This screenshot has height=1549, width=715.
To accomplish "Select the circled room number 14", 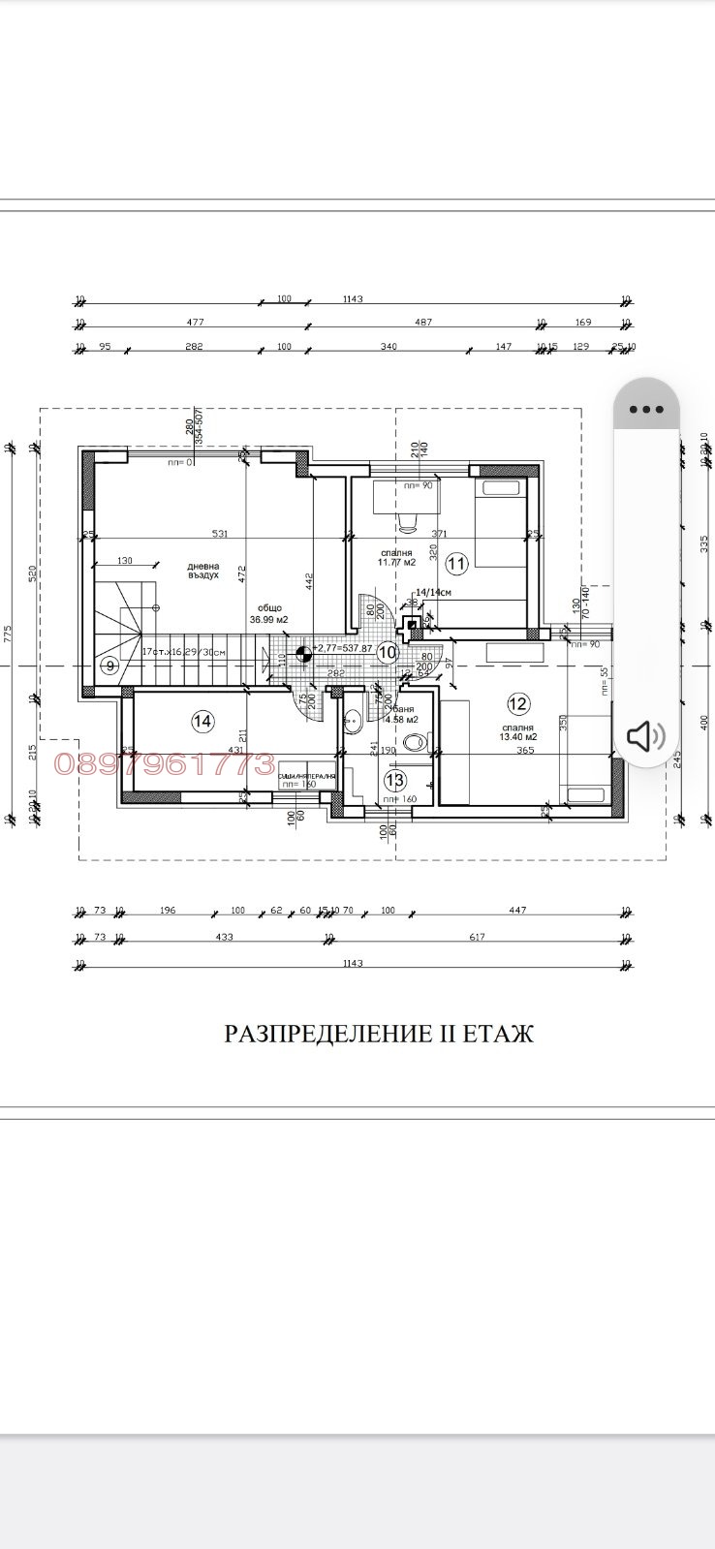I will [x=202, y=721].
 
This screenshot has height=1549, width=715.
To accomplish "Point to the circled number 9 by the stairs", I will [x=109, y=665].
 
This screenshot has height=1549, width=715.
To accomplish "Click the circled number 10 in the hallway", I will [x=388, y=652].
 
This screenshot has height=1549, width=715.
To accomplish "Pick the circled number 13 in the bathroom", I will [x=394, y=779].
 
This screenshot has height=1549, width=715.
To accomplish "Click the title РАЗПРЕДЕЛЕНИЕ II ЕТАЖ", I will [x=379, y=1034].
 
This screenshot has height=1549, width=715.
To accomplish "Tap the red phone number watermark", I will [x=165, y=764].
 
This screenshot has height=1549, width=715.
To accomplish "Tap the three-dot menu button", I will [x=646, y=410].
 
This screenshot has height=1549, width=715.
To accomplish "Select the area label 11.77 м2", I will [x=397, y=562].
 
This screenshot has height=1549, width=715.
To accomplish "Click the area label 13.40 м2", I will [x=518, y=737].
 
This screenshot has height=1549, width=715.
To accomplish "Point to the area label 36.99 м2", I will [x=268, y=619].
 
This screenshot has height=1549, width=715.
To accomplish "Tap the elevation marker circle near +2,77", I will [x=302, y=654].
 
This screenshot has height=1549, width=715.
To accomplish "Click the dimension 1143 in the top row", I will [x=353, y=299].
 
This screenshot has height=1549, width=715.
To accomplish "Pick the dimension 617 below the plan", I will [x=477, y=937].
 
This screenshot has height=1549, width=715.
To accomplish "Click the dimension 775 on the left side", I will [x=9, y=635].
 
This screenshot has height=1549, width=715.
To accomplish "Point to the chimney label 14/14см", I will [x=433, y=590].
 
